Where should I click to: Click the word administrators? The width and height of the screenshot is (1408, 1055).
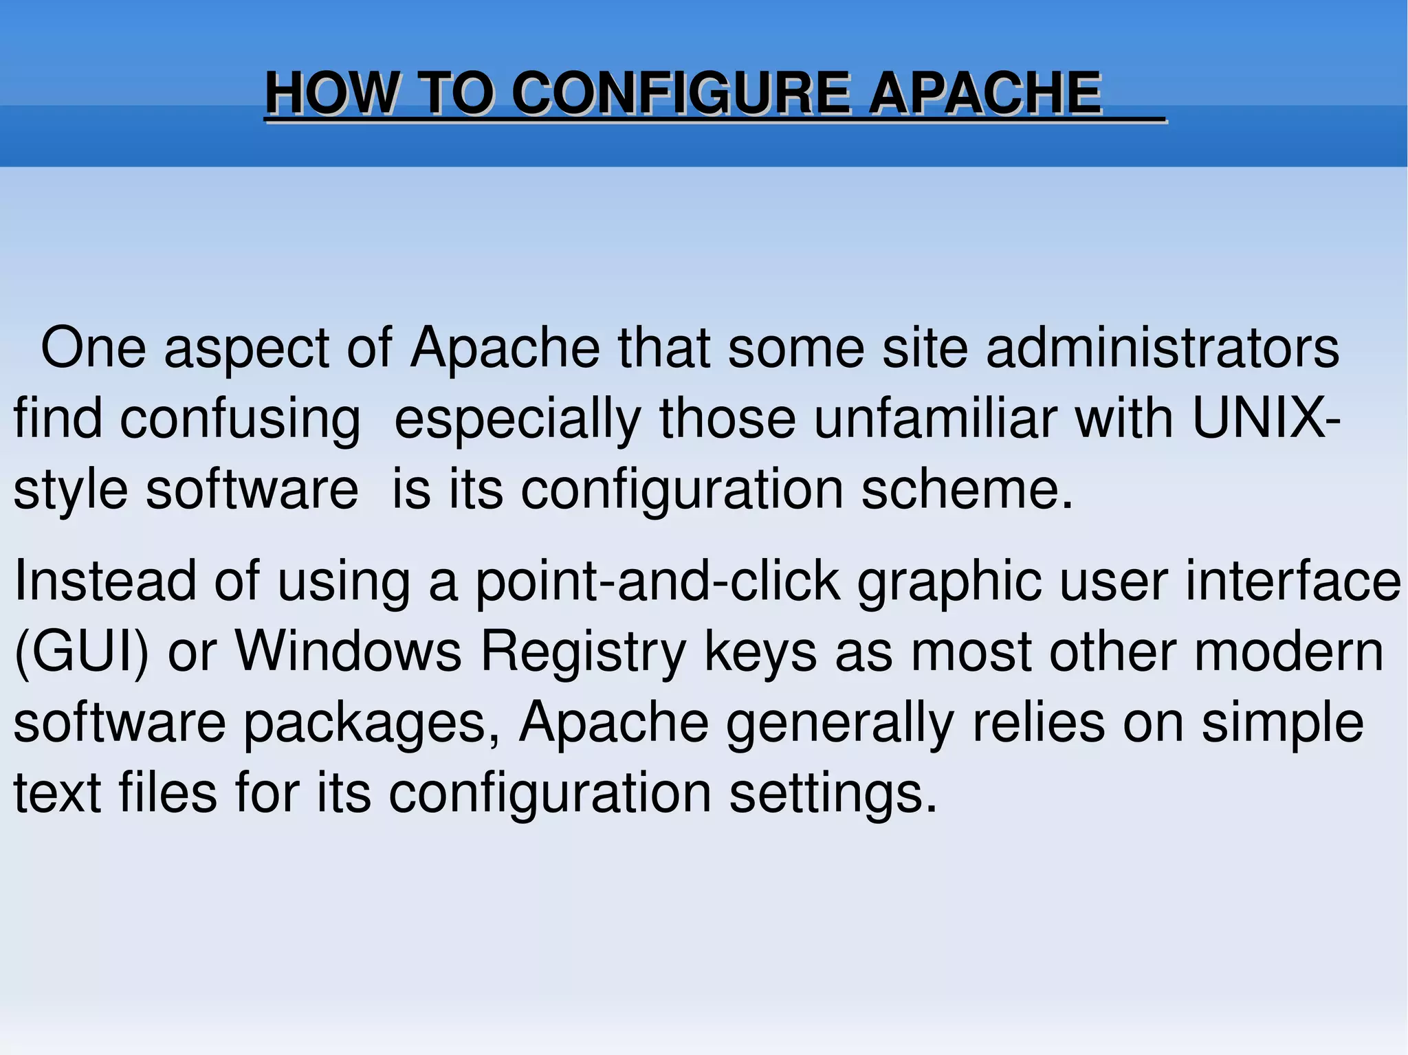(1162, 348)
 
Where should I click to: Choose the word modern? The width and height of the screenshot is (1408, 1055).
(1289, 651)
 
